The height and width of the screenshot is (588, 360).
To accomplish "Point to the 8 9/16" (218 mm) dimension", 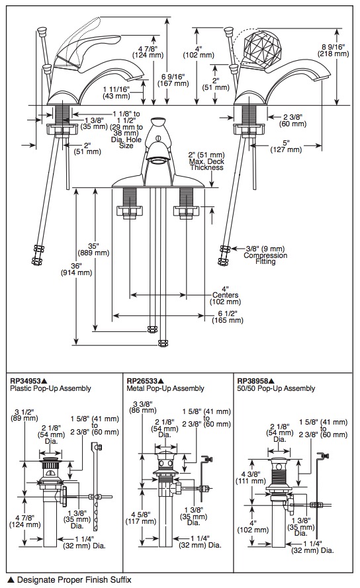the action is point(334,50).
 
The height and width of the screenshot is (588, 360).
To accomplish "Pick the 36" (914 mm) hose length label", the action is point(76,269).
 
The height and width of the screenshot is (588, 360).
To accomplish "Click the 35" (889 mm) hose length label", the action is point(93,249).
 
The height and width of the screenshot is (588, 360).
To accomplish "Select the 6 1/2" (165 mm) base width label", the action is point(228,317).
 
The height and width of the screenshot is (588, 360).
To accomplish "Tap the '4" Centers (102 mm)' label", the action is point(225,295).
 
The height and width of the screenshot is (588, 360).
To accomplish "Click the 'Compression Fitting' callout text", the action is point(265,258).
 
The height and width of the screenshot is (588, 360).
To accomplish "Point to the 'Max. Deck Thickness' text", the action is point(206,164).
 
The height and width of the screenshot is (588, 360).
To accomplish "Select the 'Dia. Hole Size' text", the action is point(126,142).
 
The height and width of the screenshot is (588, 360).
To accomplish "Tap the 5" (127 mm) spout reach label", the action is point(286,146).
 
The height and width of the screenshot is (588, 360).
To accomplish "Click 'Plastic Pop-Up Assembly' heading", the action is point(50,388).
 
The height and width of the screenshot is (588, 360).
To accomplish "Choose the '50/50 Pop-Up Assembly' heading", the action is point(276,388).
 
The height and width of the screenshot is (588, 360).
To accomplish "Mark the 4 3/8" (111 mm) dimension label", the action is point(251,477).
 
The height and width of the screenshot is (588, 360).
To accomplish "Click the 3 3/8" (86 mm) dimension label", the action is point(143,407).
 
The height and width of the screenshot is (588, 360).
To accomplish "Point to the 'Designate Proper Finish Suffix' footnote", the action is point(74,580).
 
